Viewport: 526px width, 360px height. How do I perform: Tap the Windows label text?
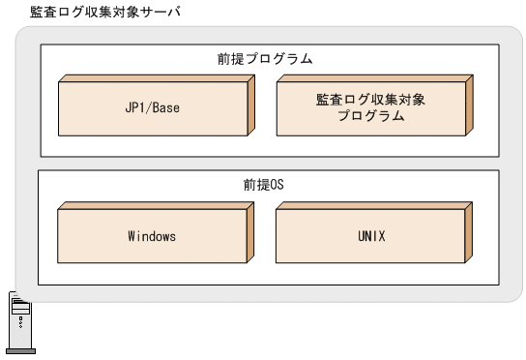click(x=151, y=235)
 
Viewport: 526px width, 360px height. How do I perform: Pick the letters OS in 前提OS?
click(x=279, y=184)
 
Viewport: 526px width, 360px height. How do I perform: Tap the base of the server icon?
click(x=21, y=351)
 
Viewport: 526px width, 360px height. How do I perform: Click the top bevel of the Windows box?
click(x=155, y=205)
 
